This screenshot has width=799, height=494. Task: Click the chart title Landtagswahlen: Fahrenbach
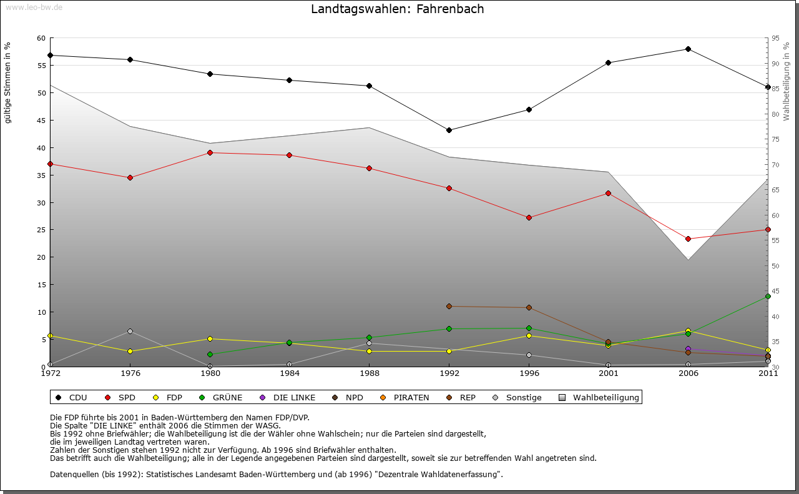pyautogui.click(x=397, y=9)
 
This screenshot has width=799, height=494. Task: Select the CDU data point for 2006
pyautogui.click(x=688, y=49)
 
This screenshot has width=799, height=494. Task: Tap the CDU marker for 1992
pyautogui.click(x=449, y=130)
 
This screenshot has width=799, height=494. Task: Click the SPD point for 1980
pyautogui.click(x=210, y=152)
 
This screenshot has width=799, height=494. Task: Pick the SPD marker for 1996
pyautogui.click(x=529, y=217)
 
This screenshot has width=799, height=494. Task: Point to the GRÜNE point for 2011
pyautogui.click(x=768, y=296)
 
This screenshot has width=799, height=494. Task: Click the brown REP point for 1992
pyautogui.click(x=449, y=306)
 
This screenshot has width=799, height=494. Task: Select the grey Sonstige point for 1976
pyautogui.click(x=130, y=331)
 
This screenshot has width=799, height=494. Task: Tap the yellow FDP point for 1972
pyautogui.click(x=50, y=335)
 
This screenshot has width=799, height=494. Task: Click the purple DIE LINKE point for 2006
pyautogui.click(x=688, y=349)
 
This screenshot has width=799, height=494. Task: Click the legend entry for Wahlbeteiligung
pyautogui.click(x=599, y=397)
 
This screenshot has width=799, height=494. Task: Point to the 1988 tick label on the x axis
pyautogui.click(x=369, y=373)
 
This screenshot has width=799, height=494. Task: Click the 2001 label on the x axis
pyautogui.click(x=609, y=373)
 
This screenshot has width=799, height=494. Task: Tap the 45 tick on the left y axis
pyautogui.click(x=41, y=121)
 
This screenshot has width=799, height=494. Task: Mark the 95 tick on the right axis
pyautogui.click(x=775, y=38)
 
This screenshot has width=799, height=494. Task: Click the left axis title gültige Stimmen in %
pyautogui.click(x=8, y=82)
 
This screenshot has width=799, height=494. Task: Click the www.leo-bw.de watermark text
pyautogui.click(x=34, y=7)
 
